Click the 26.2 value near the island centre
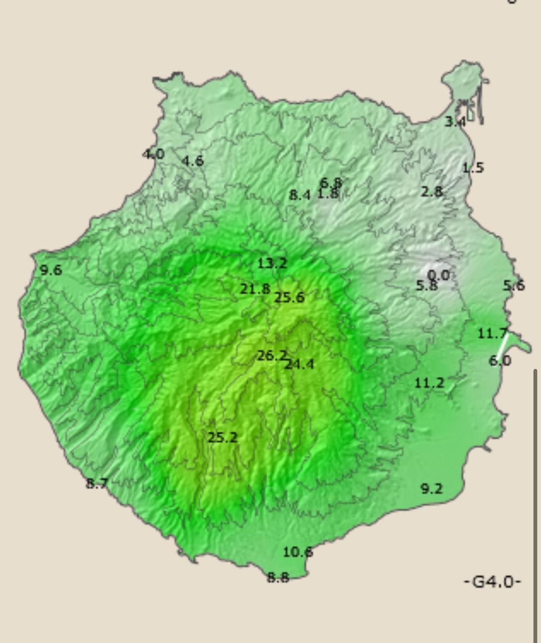tap(272, 356)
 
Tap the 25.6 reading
tap(289, 297)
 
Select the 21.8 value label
tap(255, 289)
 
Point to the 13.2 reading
tap(272, 263)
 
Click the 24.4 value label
tap(299, 364)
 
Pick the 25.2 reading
tap(222, 437)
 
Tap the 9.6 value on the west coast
tap(51, 270)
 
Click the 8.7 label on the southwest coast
tap(97, 483)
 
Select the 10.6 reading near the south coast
tap(298, 552)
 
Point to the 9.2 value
tap(431, 488)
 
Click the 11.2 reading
tap(429, 383)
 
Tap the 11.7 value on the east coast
tap(492, 333)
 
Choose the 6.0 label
tap(500, 360)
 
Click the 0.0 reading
tap(438, 275)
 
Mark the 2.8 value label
tap(431, 192)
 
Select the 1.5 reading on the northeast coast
tap(473, 168)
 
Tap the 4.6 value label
tap(193, 161)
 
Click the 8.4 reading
tap(300, 195)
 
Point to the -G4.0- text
tap(492, 582)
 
